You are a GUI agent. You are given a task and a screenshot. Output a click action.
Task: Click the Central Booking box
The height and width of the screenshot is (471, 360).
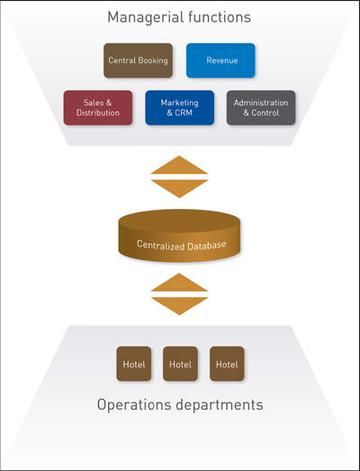[x=138, y=60]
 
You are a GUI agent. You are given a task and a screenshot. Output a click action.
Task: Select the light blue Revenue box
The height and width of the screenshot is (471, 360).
[x=220, y=60]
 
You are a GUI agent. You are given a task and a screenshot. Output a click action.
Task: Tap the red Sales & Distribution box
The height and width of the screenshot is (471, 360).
[x=98, y=107]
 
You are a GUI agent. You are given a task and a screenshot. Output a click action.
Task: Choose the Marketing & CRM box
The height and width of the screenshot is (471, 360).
[x=179, y=107]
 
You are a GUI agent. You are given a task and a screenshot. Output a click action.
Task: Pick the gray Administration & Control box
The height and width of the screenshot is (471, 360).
[x=261, y=107]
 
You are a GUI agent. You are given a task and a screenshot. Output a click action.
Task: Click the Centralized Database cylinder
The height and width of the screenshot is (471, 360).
[x=179, y=236]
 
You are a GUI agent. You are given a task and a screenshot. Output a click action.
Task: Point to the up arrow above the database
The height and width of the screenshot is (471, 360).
[x=179, y=165]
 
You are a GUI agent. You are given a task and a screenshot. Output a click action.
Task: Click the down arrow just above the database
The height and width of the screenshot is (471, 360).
[x=179, y=188]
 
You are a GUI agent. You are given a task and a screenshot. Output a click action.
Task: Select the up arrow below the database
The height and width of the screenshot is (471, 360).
[x=179, y=283]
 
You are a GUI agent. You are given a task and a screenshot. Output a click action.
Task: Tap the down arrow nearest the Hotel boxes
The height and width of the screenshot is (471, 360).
[x=179, y=306]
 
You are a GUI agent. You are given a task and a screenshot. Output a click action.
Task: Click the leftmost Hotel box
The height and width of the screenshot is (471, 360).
[x=134, y=364]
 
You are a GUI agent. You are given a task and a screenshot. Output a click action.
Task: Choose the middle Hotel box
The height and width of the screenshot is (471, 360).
[x=181, y=364]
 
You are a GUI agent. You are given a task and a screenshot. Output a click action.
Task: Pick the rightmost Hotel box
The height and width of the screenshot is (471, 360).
[x=227, y=364]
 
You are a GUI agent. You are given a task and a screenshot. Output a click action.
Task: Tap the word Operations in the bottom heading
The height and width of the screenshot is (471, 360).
[x=134, y=405]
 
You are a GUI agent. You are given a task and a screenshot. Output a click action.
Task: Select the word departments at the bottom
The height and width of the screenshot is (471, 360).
[x=220, y=405]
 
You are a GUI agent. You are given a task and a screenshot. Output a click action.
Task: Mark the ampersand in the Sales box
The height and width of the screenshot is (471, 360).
[x=108, y=103]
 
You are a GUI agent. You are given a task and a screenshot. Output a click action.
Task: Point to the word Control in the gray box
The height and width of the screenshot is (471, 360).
[x=265, y=113]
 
